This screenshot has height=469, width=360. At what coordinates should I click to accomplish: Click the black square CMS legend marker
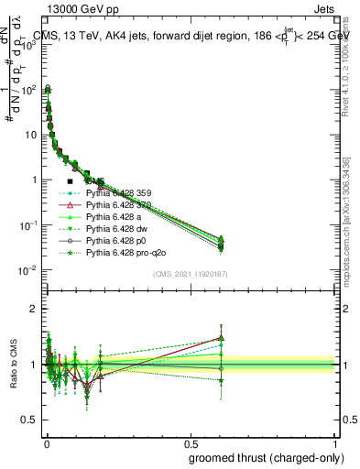[x=71, y=182]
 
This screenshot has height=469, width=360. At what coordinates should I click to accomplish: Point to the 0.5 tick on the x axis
[x=190, y=442]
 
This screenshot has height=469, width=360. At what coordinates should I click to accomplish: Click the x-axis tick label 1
[x=335, y=442]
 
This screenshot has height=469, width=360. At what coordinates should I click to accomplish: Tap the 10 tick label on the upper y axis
[x=29, y=135]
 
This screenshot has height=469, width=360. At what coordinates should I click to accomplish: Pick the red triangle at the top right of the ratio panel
[x=220, y=337]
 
